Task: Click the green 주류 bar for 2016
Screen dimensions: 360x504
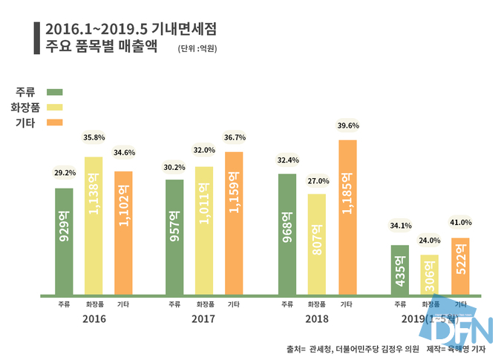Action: coord(64,240)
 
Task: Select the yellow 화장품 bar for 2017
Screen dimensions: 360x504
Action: coord(204,229)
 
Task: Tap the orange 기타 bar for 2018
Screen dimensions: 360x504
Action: coord(347,216)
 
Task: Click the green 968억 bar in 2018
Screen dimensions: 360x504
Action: coord(287,233)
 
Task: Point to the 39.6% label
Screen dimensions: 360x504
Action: coord(347,125)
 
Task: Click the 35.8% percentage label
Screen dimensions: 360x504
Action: coord(94,137)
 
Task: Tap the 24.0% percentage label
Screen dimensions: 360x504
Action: coord(429,240)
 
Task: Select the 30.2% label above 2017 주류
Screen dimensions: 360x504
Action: coord(174,167)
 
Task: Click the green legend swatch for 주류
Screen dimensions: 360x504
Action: coord(54,93)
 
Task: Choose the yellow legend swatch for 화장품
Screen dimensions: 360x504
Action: coord(54,108)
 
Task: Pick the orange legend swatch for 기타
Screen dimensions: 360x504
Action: coord(54,122)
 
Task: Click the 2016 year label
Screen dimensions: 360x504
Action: coord(94,319)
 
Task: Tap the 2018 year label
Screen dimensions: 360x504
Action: coord(317,319)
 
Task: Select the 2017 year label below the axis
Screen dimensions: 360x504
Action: coord(204,319)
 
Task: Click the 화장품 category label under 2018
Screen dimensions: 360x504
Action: coord(317,304)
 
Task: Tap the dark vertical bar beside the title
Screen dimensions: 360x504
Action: coord(37,37)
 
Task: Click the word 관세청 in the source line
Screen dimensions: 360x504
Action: coord(319,348)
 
